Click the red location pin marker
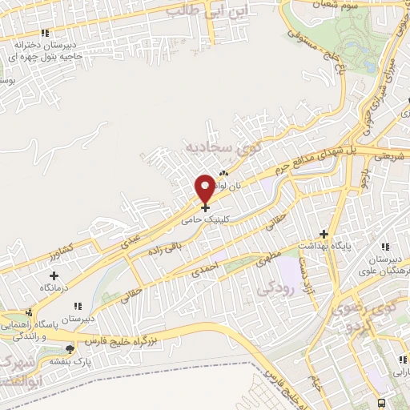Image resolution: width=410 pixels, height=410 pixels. coord(206,188)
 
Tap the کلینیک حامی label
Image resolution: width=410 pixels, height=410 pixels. coord(206,218)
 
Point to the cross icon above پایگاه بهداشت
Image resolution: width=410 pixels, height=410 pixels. coord(324,234)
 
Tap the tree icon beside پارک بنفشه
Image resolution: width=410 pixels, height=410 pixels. coord(70,348)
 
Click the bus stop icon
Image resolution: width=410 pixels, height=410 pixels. coord(383,402)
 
